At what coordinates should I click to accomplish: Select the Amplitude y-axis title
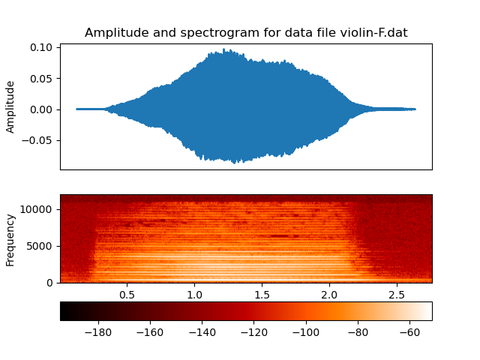pos(10,106)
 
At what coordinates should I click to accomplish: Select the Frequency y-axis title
pos(10,239)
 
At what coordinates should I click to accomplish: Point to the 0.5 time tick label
pos(127,294)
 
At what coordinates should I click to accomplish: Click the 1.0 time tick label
pos(194,294)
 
